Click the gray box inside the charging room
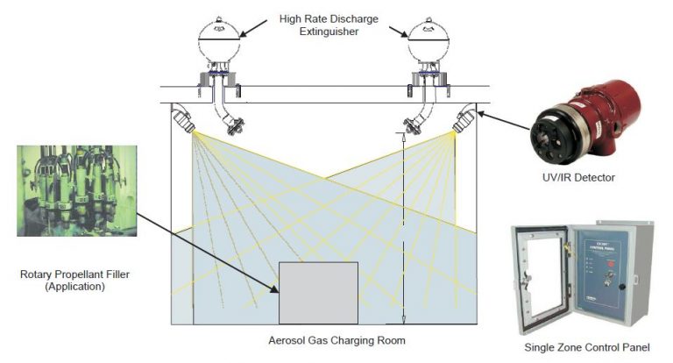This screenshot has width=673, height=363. pyautogui.click(x=317, y=292)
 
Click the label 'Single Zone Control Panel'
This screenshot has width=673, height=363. pyautogui.click(x=587, y=348)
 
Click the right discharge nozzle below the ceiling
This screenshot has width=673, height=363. pyautogui.click(x=408, y=125)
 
